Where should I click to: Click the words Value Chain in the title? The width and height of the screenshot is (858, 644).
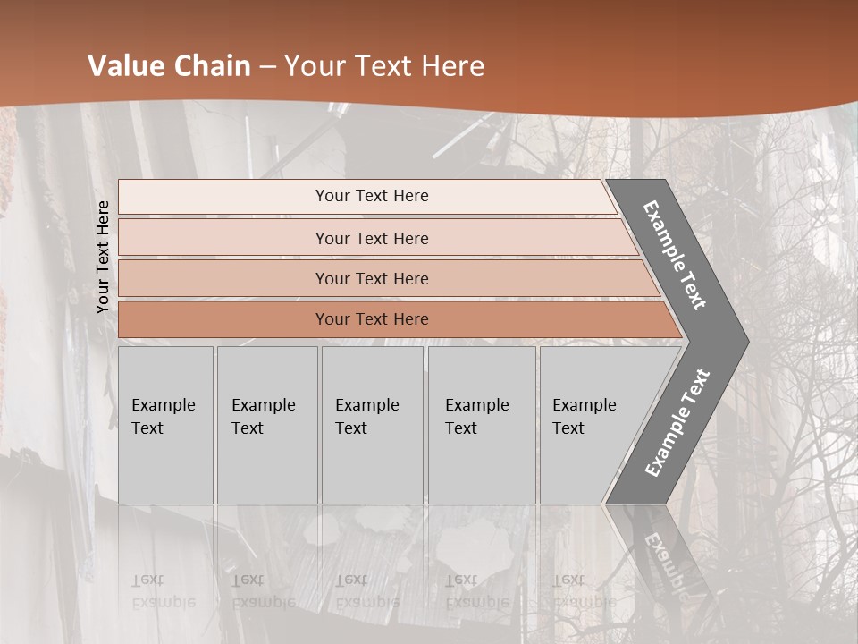(169, 66)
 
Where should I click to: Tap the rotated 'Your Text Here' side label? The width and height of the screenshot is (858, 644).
(103, 257)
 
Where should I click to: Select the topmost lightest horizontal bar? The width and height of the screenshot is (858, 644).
(371, 196)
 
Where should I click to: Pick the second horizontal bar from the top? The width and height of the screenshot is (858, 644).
(371, 238)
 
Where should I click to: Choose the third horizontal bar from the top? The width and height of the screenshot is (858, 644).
(371, 278)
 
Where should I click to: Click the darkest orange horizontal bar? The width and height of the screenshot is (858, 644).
(371, 319)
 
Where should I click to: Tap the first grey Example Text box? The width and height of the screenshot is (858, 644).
(165, 425)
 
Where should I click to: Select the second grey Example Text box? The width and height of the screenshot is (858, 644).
(267, 425)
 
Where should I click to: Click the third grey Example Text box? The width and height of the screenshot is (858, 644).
(372, 425)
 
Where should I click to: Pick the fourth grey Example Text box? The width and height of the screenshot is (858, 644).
(482, 425)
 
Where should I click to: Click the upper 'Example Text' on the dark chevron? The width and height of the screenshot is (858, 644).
(675, 255)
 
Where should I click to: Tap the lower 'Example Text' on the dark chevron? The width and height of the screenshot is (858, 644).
(677, 423)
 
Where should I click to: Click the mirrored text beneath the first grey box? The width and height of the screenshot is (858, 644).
(163, 590)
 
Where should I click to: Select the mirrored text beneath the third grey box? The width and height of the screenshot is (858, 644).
(366, 590)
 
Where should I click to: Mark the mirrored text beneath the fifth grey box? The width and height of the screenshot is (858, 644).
(584, 590)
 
